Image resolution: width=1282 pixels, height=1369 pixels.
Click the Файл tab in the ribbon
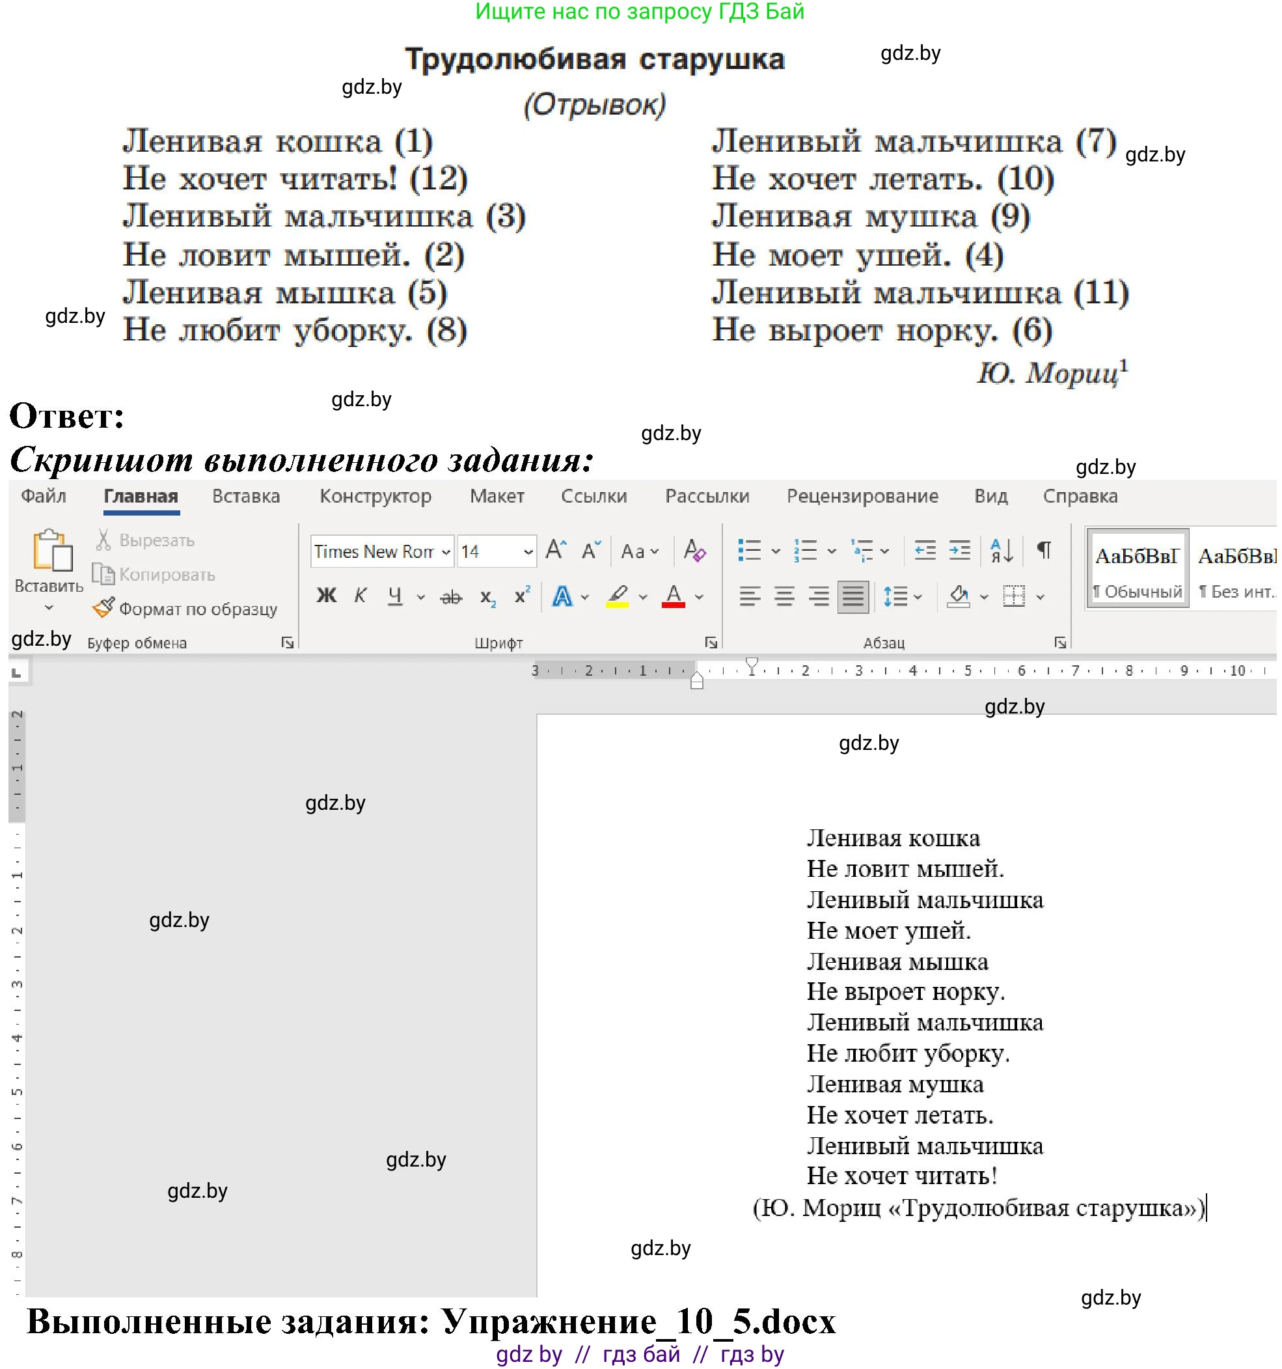click(x=44, y=497)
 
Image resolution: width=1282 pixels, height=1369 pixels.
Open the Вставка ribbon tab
click(x=246, y=497)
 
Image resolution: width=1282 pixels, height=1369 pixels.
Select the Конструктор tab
click(x=375, y=497)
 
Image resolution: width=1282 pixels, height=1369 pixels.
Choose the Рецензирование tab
click(x=862, y=497)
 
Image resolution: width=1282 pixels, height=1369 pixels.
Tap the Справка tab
click(x=1080, y=497)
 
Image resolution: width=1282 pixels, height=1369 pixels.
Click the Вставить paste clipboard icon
click(x=51, y=551)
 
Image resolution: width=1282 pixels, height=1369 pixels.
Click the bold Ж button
click(x=326, y=596)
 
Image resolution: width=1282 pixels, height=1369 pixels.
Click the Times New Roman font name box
click(x=375, y=551)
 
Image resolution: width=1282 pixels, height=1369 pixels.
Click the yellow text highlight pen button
click(x=618, y=596)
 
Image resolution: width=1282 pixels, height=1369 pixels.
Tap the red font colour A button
click(x=674, y=596)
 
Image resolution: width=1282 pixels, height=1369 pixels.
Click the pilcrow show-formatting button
click(x=1044, y=550)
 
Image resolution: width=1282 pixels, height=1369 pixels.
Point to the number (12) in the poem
click(x=439, y=179)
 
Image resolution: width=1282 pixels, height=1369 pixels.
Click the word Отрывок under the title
click(x=595, y=105)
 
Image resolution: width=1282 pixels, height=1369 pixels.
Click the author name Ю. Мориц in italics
click(x=1049, y=373)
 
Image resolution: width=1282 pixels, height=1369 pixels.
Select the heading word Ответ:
click(x=67, y=416)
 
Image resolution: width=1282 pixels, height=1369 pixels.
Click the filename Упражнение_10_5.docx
click(x=638, y=1321)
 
